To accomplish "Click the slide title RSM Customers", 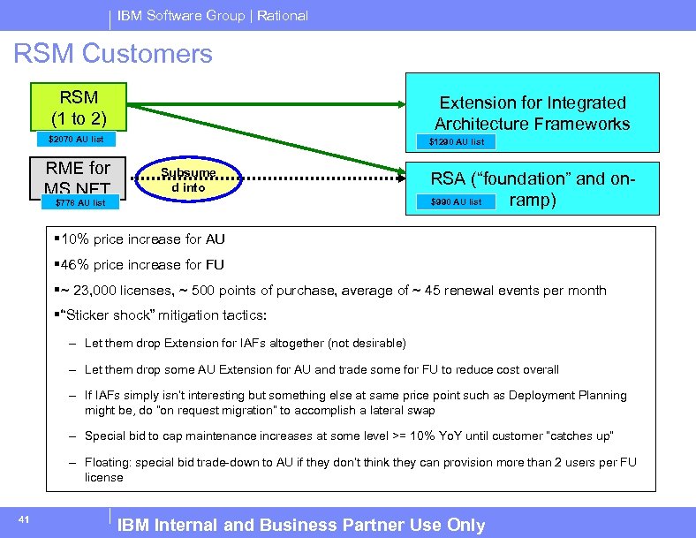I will pyautogui.click(x=113, y=54).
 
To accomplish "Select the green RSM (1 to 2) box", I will pyautogui.click(x=79, y=107).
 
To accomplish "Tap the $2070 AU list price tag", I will pyautogui.click(x=76, y=140).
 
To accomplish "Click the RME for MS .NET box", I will pyautogui.click(x=79, y=177).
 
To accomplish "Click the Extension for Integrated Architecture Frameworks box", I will pyautogui.click(x=532, y=113).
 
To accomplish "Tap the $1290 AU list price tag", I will pyautogui.click(x=457, y=141).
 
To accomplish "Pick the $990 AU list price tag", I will pyautogui.click(x=456, y=202).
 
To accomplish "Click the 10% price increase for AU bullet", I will pyautogui.click(x=139, y=239).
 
